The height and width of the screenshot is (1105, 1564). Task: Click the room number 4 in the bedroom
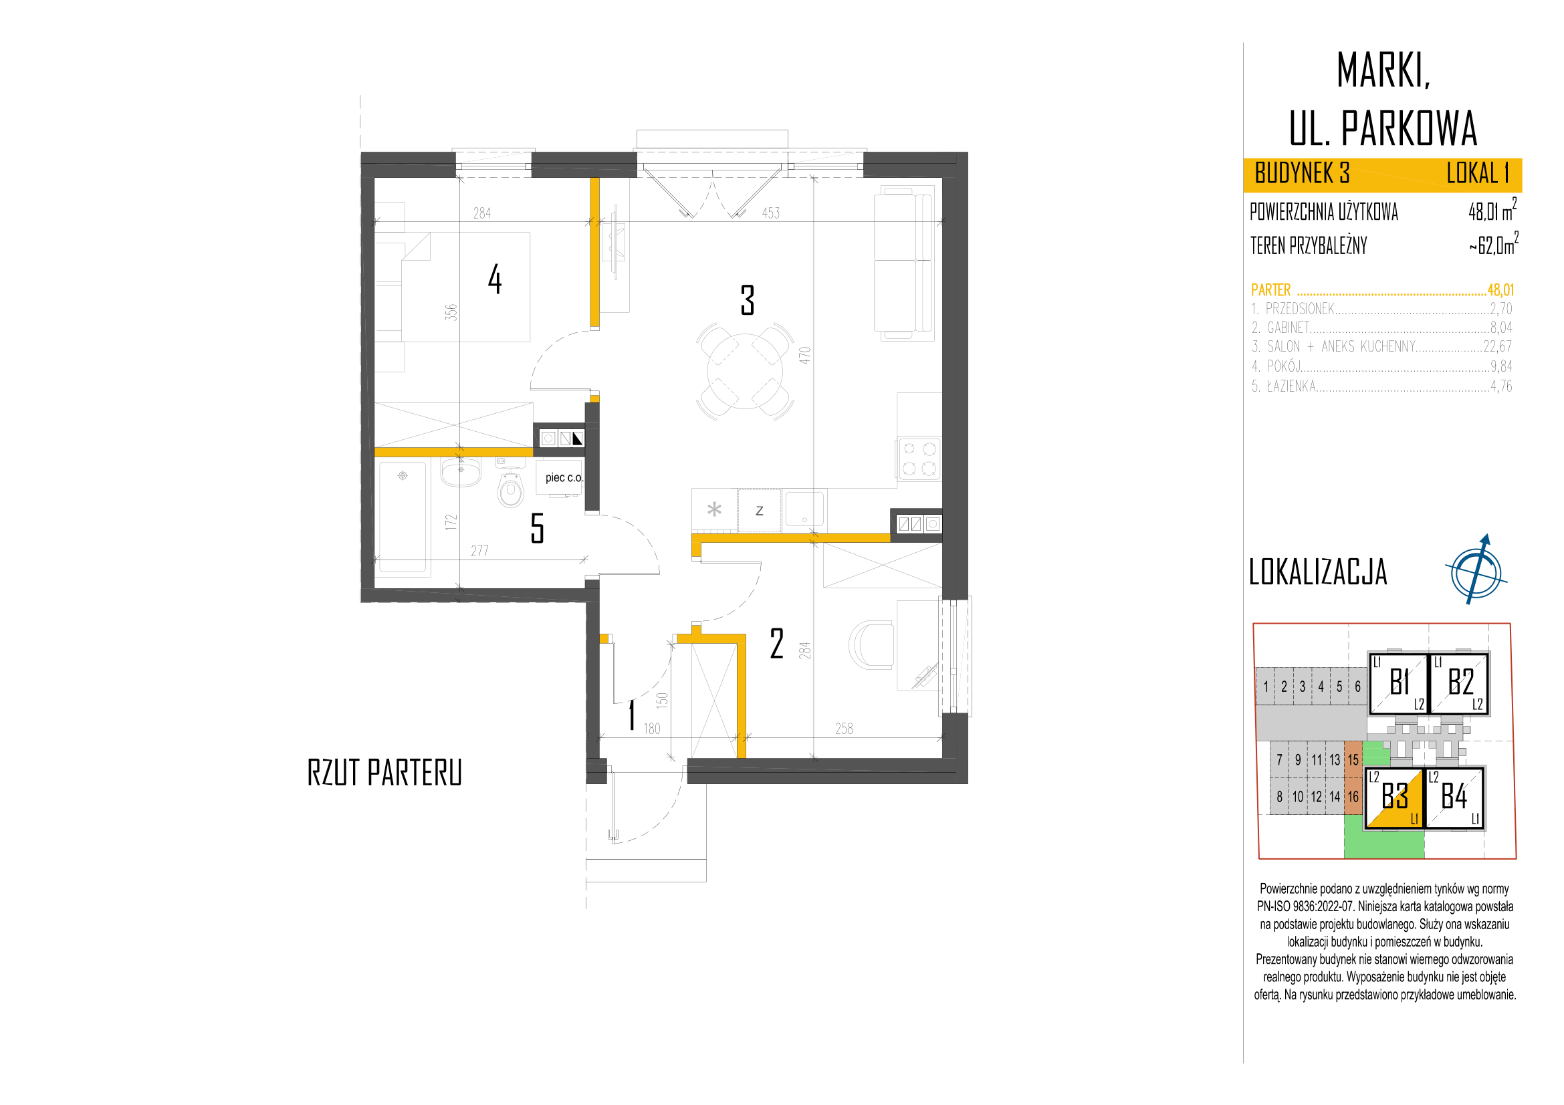click(x=495, y=280)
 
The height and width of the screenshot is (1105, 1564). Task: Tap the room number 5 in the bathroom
click(x=538, y=528)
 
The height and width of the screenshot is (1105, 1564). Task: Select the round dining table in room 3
click(x=746, y=371)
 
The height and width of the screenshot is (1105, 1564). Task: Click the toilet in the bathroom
click(x=510, y=487)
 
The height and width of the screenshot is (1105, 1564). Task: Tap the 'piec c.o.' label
click(x=564, y=478)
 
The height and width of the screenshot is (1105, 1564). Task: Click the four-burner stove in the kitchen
click(x=919, y=458)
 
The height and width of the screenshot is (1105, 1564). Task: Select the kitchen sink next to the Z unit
click(x=804, y=509)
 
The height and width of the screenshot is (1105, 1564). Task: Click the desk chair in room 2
click(x=871, y=644)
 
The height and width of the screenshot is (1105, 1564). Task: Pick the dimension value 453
click(x=770, y=213)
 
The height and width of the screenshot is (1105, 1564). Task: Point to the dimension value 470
click(x=805, y=356)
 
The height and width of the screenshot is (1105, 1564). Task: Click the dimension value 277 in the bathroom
click(x=479, y=551)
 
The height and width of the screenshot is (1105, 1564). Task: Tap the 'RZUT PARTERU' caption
click(x=385, y=773)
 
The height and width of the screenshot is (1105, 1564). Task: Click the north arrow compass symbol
click(x=1476, y=570)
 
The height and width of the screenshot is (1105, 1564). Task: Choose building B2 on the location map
click(x=1459, y=683)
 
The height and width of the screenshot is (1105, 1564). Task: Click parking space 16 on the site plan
click(x=1353, y=797)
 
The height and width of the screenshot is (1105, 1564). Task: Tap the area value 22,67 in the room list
click(x=1498, y=346)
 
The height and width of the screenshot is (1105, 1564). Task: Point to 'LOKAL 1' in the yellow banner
click(x=1478, y=174)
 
